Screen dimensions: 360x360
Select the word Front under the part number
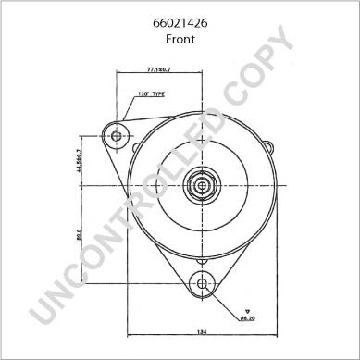pos(180,40)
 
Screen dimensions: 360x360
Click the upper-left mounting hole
pos(117,137)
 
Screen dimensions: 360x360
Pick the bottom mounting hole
pos(201,283)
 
